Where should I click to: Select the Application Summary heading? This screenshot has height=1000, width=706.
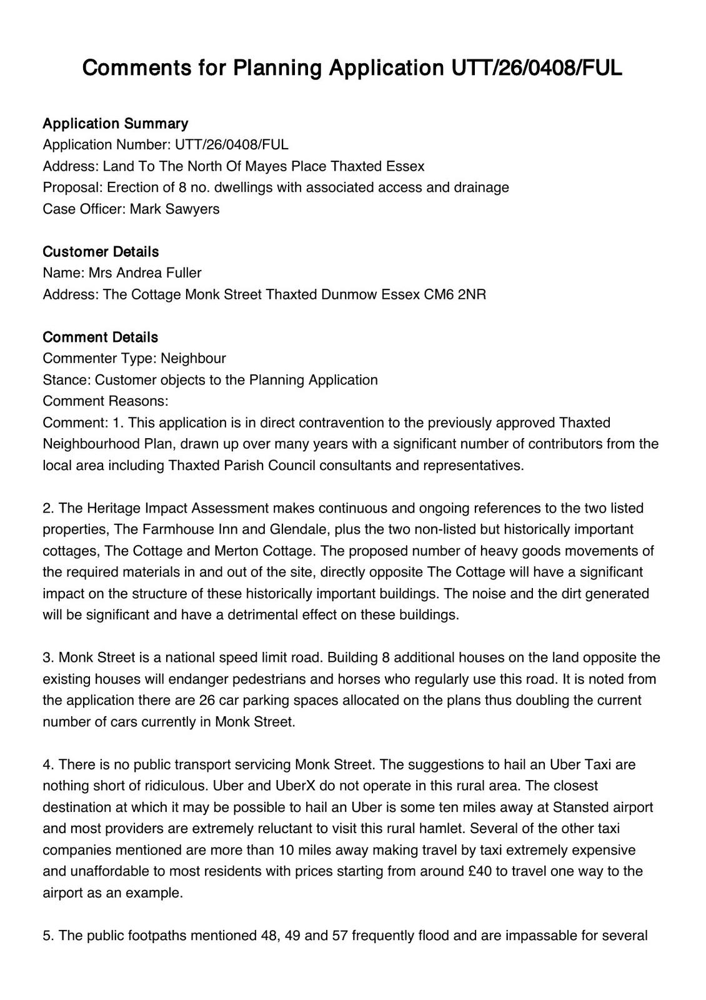tap(115, 123)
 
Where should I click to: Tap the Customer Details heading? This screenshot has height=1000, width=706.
tap(101, 251)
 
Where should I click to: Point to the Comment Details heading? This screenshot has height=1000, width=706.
tap(100, 337)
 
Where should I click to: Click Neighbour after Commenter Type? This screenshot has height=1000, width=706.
tap(193, 358)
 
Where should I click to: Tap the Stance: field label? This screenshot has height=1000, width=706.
tap(67, 379)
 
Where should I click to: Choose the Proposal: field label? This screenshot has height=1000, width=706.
tap(72, 187)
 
